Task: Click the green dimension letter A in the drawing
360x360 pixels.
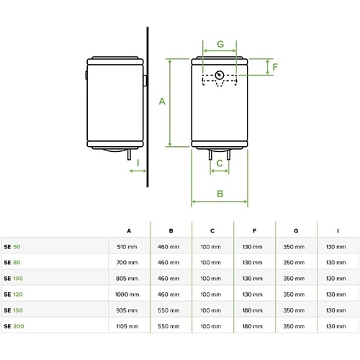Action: (162, 102)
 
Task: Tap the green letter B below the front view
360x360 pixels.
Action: (220, 194)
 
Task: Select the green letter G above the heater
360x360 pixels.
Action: (220, 44)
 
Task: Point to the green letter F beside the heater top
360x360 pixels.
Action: (275, 67)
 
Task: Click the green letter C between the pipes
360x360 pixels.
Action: (220, 163)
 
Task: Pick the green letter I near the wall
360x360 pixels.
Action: (138, 163)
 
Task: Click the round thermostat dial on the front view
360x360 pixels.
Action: (220, 75)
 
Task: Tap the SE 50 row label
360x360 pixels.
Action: (12, 247)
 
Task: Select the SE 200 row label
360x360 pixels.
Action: (14, 326)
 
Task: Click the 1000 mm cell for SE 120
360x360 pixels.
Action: (127, 294)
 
